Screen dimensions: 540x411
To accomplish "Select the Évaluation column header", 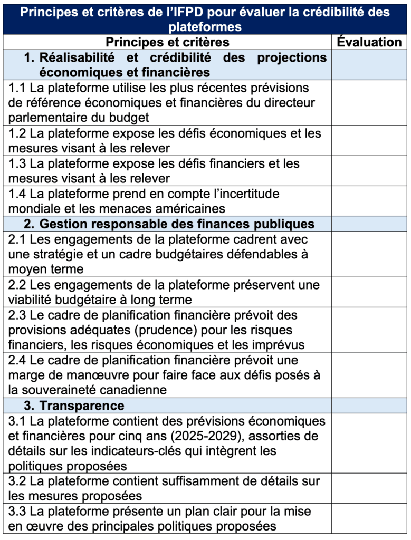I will coord(369,42).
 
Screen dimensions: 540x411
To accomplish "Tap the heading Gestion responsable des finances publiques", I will coord(177,224).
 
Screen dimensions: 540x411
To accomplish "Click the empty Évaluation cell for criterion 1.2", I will coord(369,141).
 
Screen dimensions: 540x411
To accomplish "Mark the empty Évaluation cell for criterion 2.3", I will coord(369,330).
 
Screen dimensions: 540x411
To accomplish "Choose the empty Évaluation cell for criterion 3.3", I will coord(369,519).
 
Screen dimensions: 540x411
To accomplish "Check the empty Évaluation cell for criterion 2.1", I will coord(369,254).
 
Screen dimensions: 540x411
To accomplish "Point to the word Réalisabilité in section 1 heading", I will coord(81,57).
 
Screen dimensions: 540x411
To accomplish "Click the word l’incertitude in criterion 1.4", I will coord(240,194).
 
